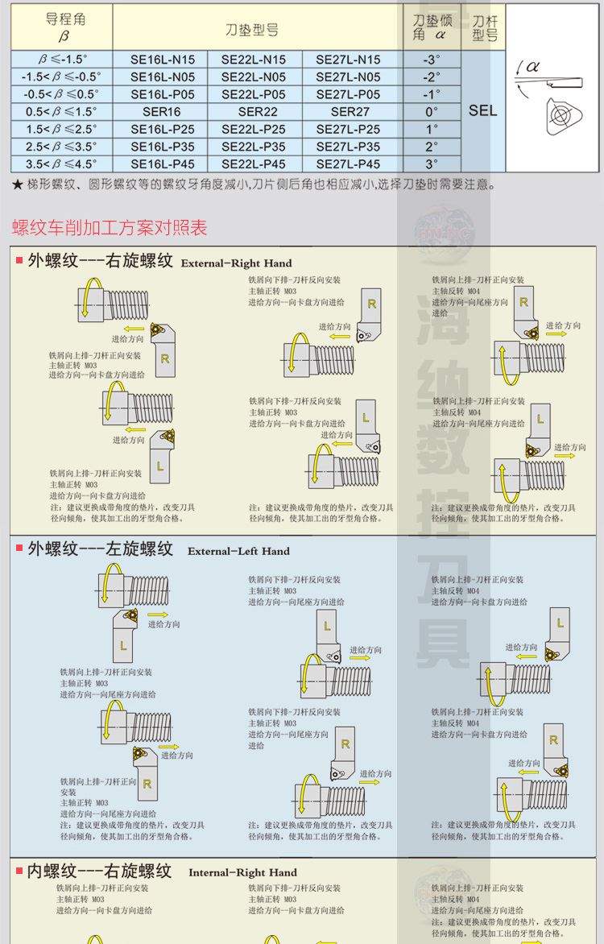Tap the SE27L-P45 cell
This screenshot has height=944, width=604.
(x=348, y=164)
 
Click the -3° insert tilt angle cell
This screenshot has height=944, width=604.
(x=432, y=60)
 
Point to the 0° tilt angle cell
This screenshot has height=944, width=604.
(x=432, y=112)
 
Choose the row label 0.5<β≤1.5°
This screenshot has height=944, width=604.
(x=61, y=112)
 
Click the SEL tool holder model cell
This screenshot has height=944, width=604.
(x=482, y=111)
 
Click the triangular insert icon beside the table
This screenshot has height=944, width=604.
(x=561, y=116)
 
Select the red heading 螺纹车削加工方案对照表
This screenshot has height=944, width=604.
(x=110, y=227)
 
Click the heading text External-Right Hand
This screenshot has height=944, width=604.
(x=237, y=263)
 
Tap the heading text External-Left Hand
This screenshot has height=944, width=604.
(x=238, y=551)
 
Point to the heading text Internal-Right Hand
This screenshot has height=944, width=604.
(x=242, y=872)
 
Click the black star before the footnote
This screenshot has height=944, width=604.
(x=18, y=185)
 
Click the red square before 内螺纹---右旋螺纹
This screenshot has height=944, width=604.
(x=19, y=872)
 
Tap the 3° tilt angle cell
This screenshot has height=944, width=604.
(x=432, y=164)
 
